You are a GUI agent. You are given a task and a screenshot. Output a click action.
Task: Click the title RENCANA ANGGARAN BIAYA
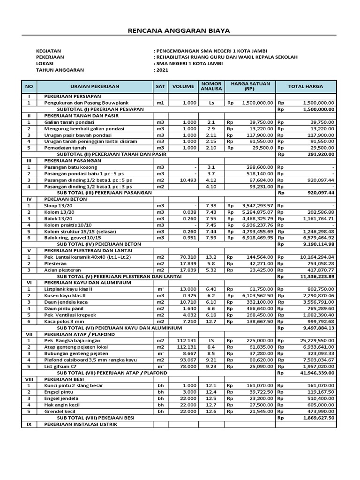coord(180,30)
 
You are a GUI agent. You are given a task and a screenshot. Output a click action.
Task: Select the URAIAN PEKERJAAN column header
coord(95,87)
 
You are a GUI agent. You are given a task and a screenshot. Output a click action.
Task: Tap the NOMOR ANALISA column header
coord(211,86)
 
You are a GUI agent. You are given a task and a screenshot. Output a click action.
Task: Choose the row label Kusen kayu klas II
coord(66,296)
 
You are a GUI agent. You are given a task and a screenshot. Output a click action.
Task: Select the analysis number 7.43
coord(211,211)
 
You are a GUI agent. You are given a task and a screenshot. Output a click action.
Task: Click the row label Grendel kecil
coord(60,411)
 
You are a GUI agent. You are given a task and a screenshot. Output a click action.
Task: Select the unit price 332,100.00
coord(257,302)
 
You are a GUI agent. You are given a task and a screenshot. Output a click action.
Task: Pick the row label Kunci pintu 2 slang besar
coord(74,385)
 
